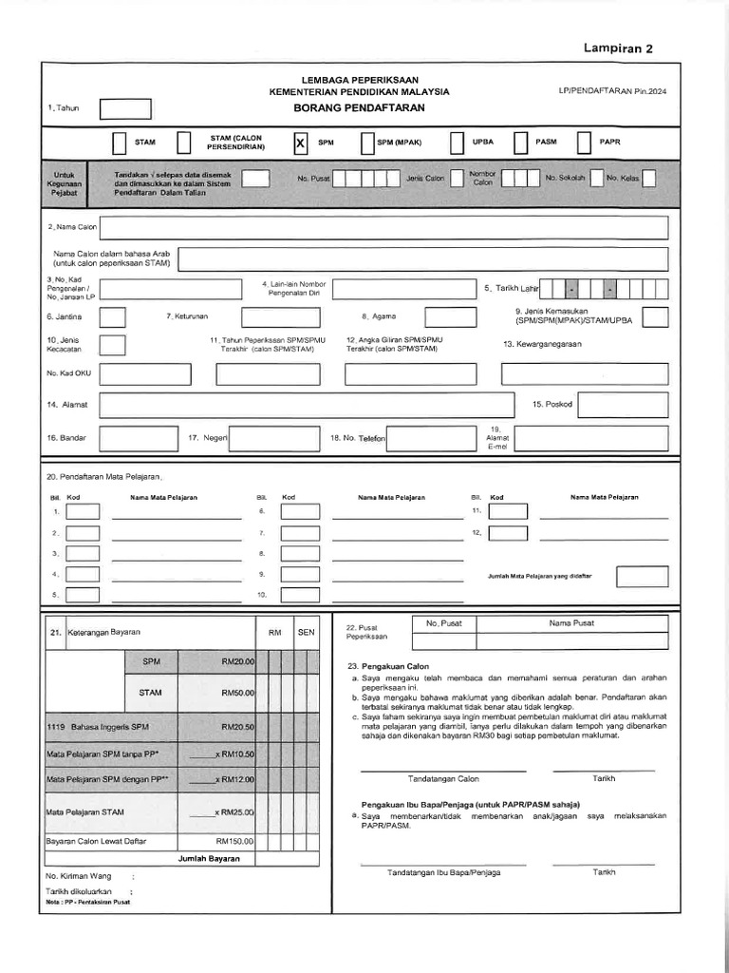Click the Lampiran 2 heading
pos(618,49)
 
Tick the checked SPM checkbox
pos(300,143)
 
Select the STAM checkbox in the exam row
pos(119,143)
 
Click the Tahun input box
pos(125,109)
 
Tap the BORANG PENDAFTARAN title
pos(360,108)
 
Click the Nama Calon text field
pos(383,228)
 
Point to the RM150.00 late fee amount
pos(234,841)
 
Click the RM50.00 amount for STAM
pos(237,693)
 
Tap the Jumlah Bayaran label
pos(209,858)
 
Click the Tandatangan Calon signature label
pos(443,778)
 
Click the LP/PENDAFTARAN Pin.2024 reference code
pos(612,92)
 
